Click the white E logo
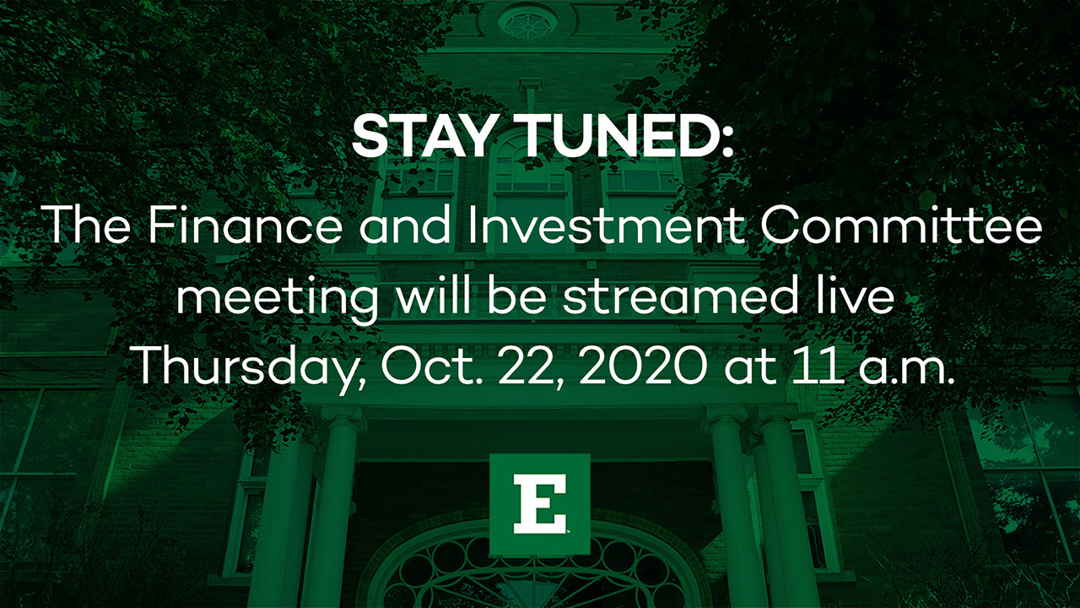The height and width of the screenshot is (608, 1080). (540, 504)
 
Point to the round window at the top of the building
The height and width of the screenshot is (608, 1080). (528, 21)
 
